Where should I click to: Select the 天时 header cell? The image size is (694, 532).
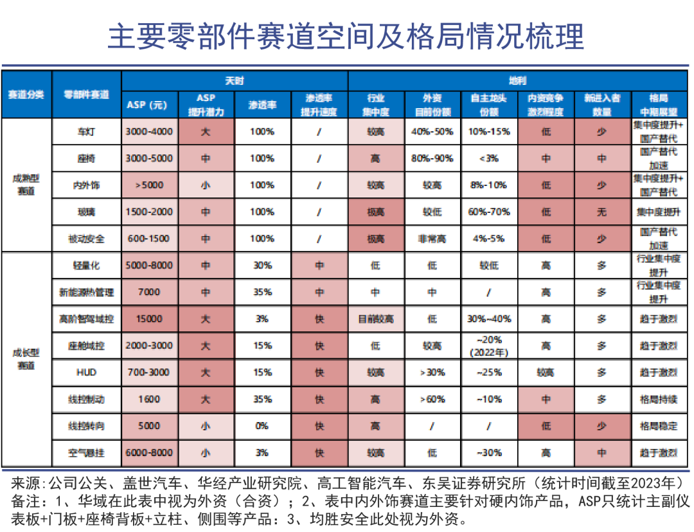(x=235, y=81)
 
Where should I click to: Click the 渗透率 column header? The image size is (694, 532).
(x=262, y=105)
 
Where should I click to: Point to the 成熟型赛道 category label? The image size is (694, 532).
(x=26, y=185)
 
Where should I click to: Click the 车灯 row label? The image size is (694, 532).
(x=86, y=131)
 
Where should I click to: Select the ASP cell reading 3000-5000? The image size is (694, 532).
(x=149, y=158)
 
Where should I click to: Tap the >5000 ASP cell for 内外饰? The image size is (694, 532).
(x=149, y=185)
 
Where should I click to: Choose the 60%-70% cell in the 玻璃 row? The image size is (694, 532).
(x=489, y=212)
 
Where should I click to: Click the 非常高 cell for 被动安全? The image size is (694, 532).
(x=432, y=239)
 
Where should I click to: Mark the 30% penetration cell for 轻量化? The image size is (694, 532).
(x=262, y=265)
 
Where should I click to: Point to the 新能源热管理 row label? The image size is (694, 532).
(x=86, y=292)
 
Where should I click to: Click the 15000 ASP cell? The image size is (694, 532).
(x=149, y=319)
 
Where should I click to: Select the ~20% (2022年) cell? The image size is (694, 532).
(x=489, y=345)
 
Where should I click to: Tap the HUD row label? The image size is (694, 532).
(x=86, y=372)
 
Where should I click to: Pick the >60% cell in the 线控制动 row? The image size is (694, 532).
(x=432, y=399)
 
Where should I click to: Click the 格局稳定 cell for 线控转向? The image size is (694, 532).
(x=659, y=426)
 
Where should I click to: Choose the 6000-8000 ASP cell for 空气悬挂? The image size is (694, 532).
(x=149, y=453)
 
